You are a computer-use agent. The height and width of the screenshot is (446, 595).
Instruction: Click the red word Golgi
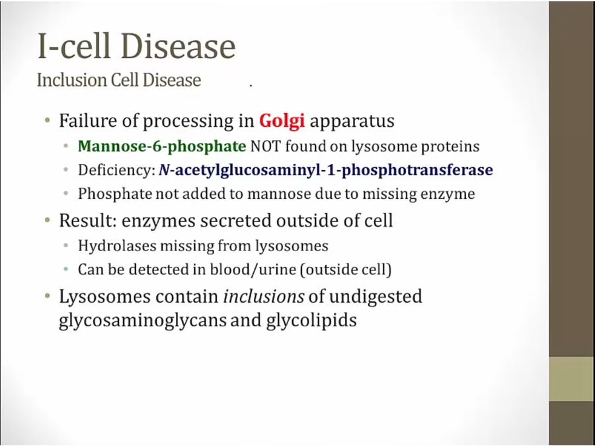(282, 121)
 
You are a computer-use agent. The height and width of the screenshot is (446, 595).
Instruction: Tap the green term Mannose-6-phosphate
(162, 147)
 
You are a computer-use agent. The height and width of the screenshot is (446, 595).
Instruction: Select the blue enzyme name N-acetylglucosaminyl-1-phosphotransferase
(326, 170)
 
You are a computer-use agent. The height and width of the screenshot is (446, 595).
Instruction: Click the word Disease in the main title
(178, 46)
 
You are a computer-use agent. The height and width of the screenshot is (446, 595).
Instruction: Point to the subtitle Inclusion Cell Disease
(119, 80)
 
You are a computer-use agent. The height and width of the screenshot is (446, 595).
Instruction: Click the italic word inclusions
(264, 296)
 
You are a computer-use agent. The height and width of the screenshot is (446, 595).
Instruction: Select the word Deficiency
(115, 170)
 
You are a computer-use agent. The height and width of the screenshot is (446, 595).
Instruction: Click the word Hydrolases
(117, 246)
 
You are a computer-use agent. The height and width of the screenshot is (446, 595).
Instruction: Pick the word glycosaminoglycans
(142, 320)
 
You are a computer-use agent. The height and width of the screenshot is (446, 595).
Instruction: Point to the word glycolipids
(311, 320)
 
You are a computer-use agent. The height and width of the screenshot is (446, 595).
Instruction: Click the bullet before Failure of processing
(48, 121)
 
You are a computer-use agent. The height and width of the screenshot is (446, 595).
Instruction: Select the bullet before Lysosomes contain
(48, 296)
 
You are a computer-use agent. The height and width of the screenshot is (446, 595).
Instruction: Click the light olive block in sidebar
(572, 379)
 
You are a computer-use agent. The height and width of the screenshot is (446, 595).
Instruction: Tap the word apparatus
(352, 122)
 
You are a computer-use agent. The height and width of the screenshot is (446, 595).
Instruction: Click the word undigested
(376, 297)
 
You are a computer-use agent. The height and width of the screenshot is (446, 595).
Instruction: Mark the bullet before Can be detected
(66, 269)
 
